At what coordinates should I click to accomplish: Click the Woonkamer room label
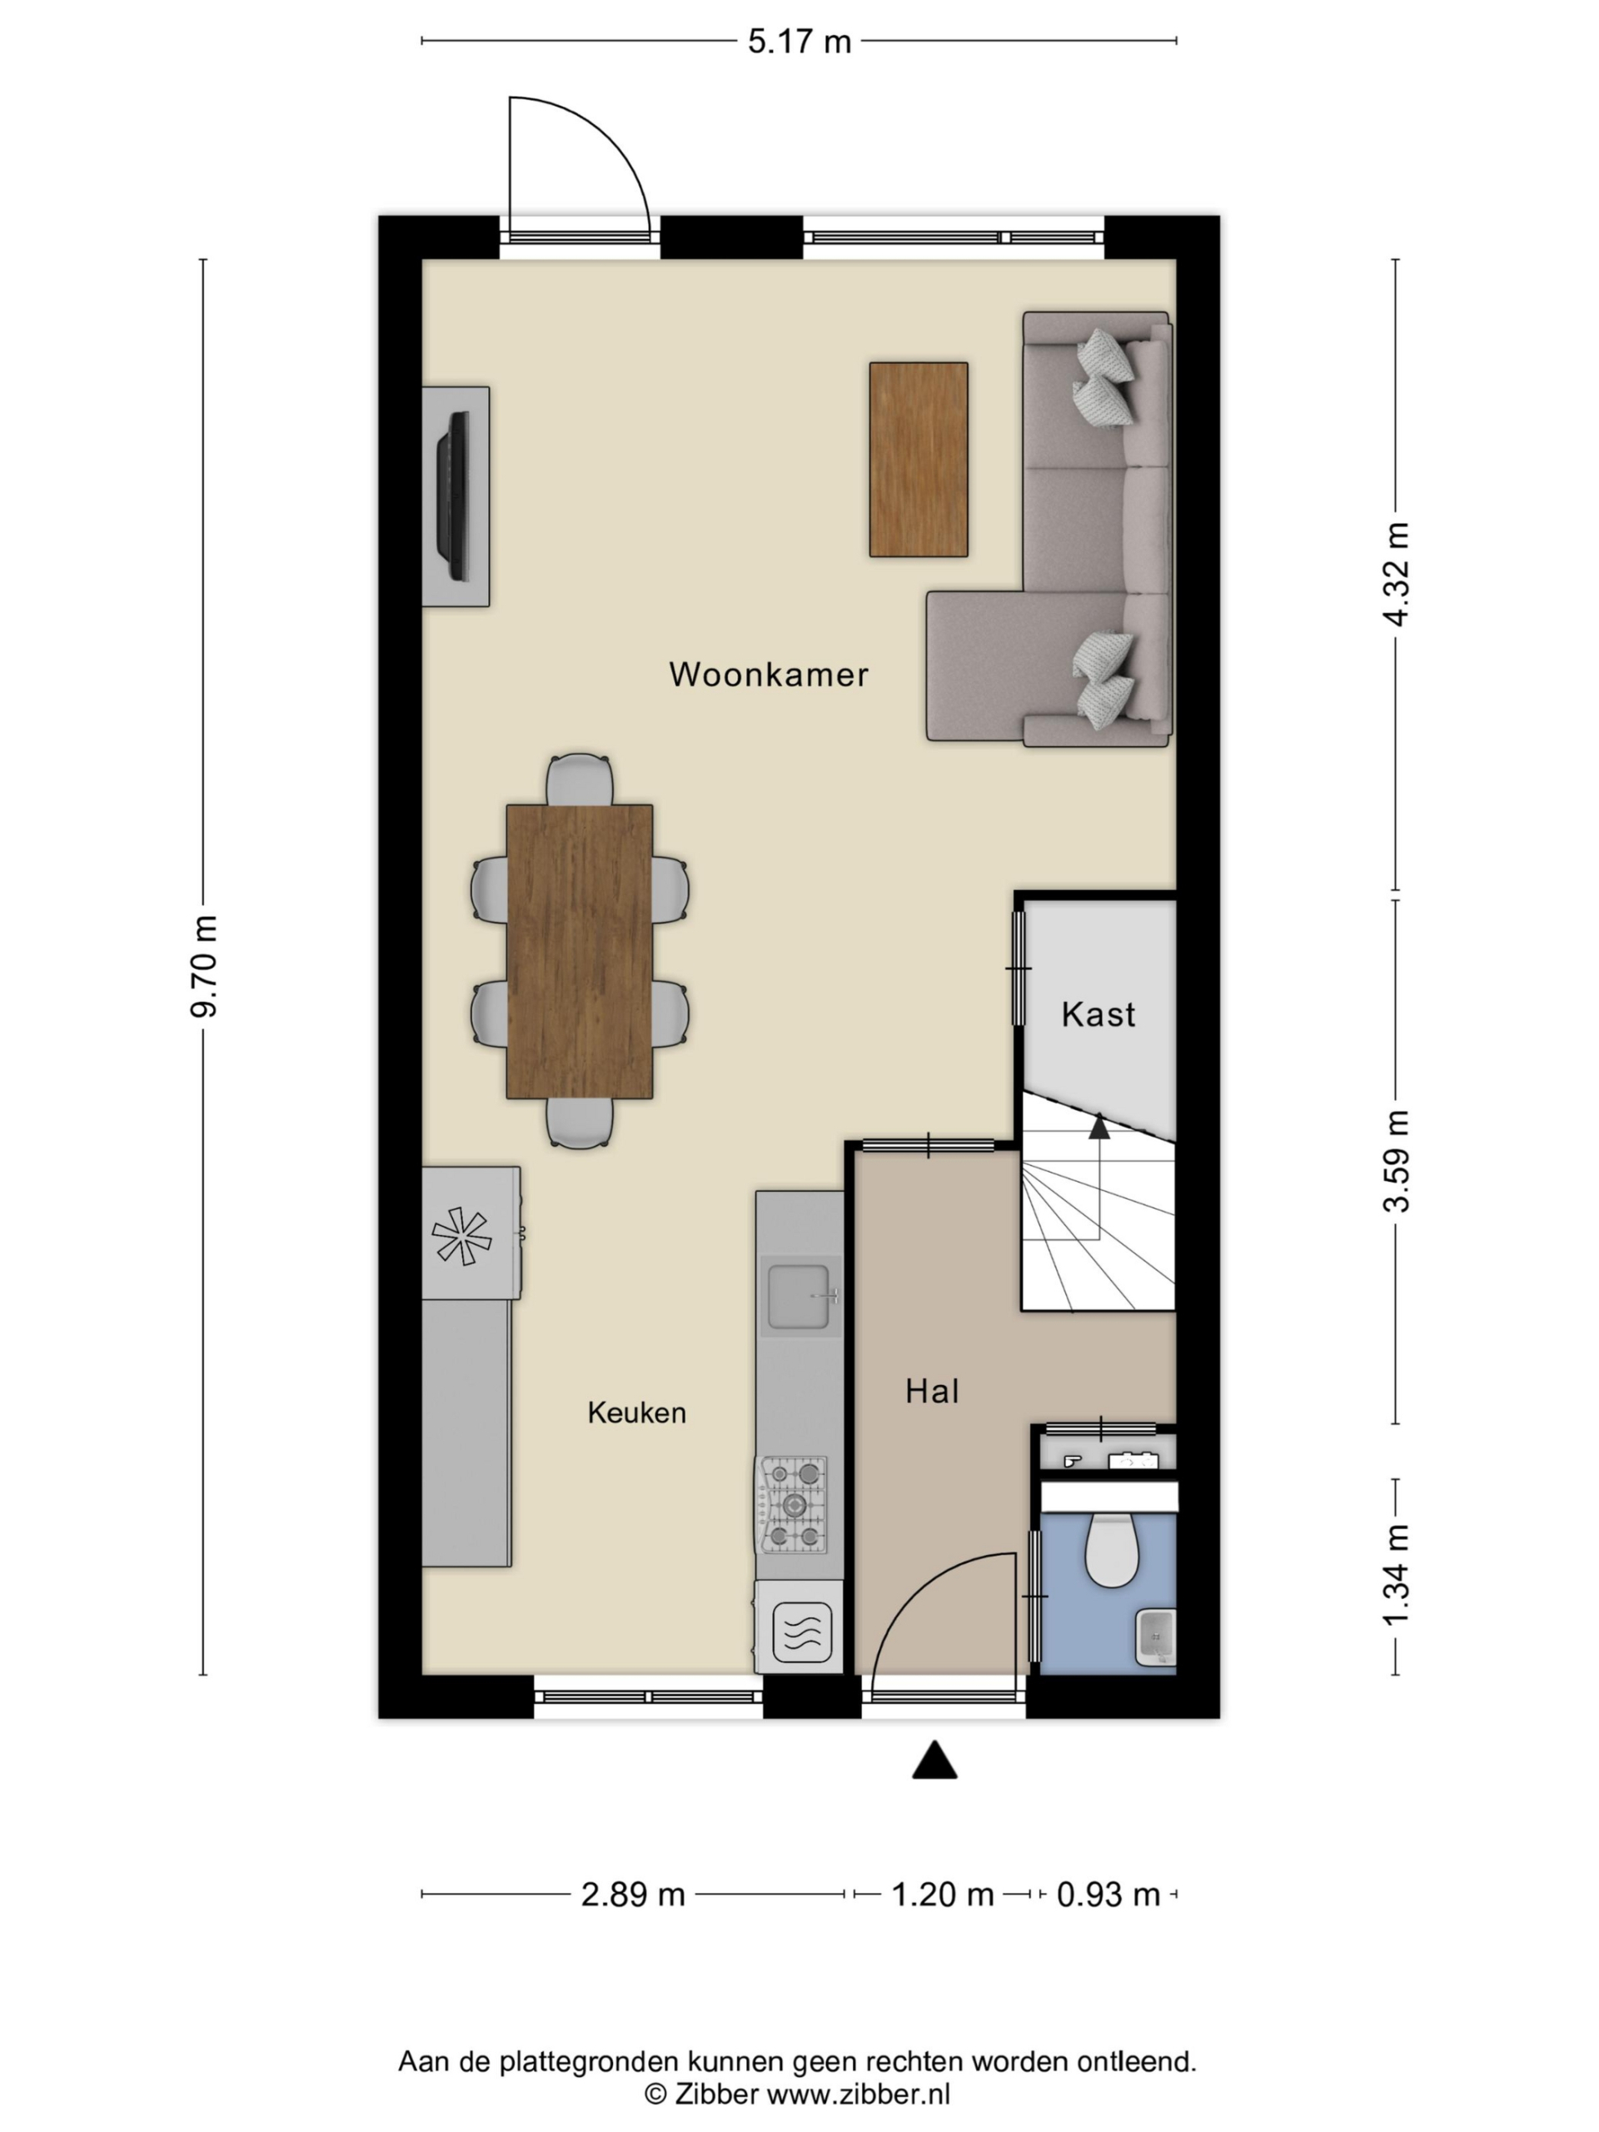coord(768,675)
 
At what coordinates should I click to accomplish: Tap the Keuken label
coord(637,1413)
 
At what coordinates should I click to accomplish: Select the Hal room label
coord(932,1391)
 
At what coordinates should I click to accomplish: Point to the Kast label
coord(1098,1014)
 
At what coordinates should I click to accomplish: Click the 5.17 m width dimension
coord(799,42)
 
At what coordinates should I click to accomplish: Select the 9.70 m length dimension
coord(204,967)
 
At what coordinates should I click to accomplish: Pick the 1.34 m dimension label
coord(1396,1576)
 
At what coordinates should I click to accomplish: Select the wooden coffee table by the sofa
coord(919,460)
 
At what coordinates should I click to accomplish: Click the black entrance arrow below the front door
coord(934,1760)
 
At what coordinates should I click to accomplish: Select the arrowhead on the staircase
coord(1098,1126)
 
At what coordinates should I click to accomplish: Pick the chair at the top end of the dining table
coord(580,779)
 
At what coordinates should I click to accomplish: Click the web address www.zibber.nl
coord(858,2095)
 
